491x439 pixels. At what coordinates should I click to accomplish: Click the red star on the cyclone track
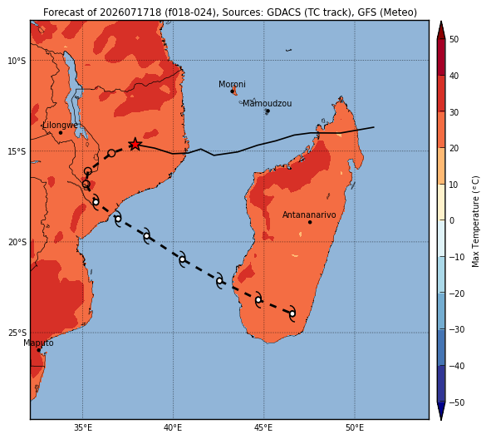pyautogui.click(x=135, y=144)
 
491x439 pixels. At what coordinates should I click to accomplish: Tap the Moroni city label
pyautogui.click(x=232, y=84)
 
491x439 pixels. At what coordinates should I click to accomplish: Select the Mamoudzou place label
pyautogui.click(x=268, y=103)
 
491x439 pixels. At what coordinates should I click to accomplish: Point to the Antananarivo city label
pyautogui.click(x=309, y=215)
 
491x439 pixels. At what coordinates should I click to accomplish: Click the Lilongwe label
pyautogui.click(x=60, y=126)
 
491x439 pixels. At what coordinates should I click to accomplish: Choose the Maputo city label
pyautogui.click(x=38, y=343)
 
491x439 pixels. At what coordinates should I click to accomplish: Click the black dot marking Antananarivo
pyautogui.click(x=310, y=222)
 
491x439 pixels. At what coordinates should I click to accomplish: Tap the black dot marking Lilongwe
pyautogui.click(x=61, y=132)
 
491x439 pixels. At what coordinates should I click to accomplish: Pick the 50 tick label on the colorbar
pyautogui.click(x=454, y=39)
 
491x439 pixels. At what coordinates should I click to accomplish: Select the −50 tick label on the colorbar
pyautogui.click(x=457, y=402)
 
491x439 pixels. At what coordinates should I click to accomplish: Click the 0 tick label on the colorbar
pyautogui.click(x=452, y=220)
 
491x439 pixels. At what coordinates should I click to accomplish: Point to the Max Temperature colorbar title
pyautogui.click(x=475, y=221)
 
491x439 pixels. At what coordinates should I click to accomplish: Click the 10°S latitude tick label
pyautogui.click(x=17, y=61)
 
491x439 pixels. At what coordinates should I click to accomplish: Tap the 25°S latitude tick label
pyautogui.click(x=17, y=333)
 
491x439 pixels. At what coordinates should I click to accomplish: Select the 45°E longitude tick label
pyautogui.click(x=263, y=427)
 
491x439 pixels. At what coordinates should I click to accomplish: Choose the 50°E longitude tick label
pyautogui.click(x=355, y=427)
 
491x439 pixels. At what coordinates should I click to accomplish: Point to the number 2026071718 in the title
pyautogui.click(x=130, y=12)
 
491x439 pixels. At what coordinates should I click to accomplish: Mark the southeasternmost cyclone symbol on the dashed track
pyautogui.click(x=292, y=313)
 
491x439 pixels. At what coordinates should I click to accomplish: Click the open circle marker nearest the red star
pyautogui.click(x=111, y=153)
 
